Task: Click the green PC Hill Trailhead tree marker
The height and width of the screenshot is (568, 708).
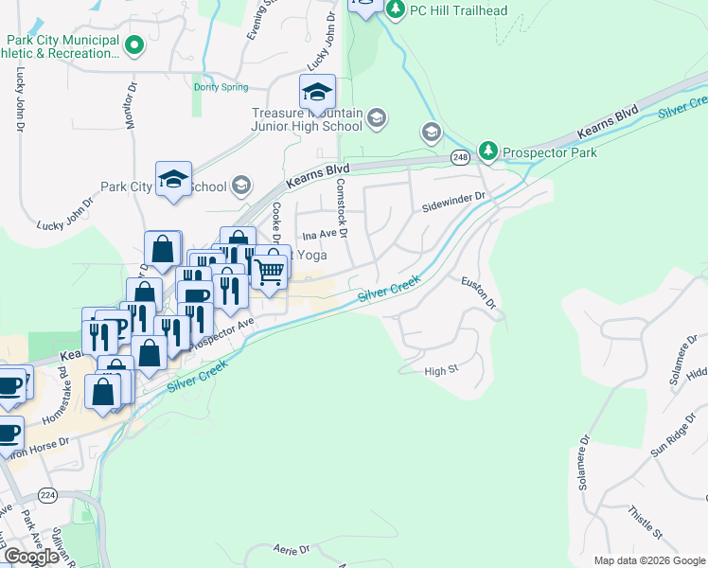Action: [395, 10]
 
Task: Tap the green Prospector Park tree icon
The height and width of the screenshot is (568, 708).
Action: [487, 151]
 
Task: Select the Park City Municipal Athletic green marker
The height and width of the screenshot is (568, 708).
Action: [134, 43]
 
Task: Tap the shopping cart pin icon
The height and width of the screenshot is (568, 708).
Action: [272, 272]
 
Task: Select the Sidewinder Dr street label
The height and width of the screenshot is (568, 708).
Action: [453, 202]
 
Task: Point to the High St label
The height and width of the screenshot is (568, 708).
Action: [441, 371]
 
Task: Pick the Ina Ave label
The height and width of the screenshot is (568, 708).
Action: [319, 234]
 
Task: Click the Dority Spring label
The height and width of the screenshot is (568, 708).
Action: [221, 86]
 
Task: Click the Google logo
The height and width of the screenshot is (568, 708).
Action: [31, 557]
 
